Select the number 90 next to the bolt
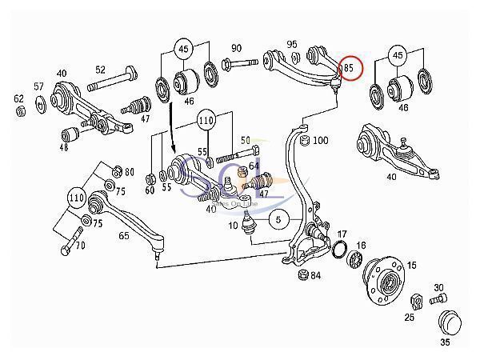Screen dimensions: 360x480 pos(237,48)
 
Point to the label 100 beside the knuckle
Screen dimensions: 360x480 pos(320,141)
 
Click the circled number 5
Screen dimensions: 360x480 pos(278,218)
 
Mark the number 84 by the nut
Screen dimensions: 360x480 pos(316,277)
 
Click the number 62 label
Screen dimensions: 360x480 pos(19,99)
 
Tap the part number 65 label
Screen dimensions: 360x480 pos(125,237)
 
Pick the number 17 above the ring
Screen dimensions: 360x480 pos(342,234)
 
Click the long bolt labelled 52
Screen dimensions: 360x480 pos(107,84)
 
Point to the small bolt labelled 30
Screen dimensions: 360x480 pos(436,301)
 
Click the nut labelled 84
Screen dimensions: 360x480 pos(302,277)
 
